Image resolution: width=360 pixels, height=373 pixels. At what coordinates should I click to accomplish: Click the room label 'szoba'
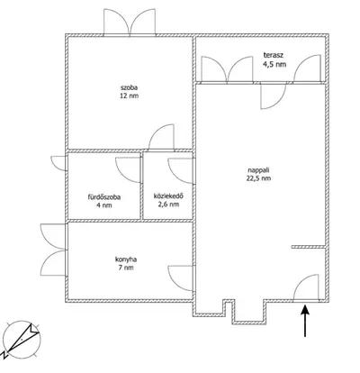[129, 88]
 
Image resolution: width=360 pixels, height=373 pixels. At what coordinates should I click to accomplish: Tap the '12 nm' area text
[129, 96]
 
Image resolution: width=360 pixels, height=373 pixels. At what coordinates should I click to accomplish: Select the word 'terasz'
[274, 55]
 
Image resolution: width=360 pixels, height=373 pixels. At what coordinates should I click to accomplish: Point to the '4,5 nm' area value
[274, 64]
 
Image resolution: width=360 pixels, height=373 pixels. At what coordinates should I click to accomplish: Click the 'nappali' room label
[258, 170]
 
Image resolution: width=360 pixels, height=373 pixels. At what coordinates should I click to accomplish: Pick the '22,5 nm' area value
[258, 178]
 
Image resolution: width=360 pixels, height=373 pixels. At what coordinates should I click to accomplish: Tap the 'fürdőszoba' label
[104, 197]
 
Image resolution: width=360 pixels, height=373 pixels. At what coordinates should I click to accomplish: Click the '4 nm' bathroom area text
[104, 205]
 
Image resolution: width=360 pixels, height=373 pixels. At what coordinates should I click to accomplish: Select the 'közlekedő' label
[168, 196]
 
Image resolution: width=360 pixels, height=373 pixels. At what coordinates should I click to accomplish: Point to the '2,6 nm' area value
[168, 205]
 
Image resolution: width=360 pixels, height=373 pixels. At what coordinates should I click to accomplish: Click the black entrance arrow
[305, 321]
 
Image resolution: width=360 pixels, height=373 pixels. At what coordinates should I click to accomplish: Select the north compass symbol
[21, 341]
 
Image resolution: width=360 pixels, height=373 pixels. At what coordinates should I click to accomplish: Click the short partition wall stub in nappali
[309, 247]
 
